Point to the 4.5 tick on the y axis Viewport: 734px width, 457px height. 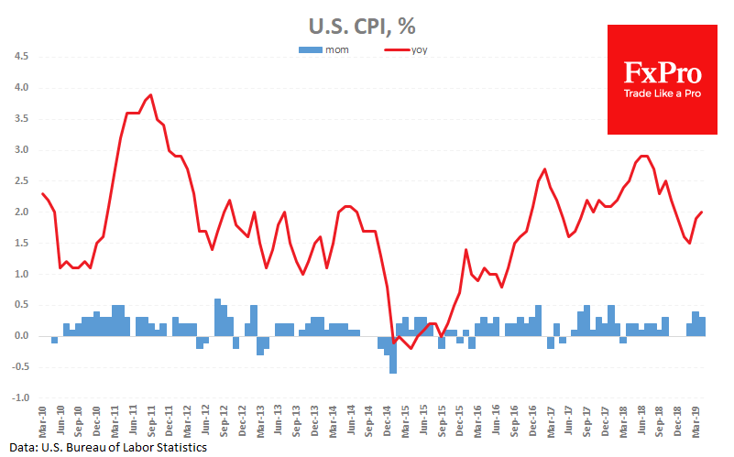[20, 57]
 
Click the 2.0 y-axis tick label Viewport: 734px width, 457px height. [20, 212]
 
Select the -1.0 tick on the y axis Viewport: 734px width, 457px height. [19, 399]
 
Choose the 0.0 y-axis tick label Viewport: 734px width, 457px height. [20, 337]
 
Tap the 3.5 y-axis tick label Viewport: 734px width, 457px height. [20, 119]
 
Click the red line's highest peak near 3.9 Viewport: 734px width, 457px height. [150, 94]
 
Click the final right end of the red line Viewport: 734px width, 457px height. [703, 212]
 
